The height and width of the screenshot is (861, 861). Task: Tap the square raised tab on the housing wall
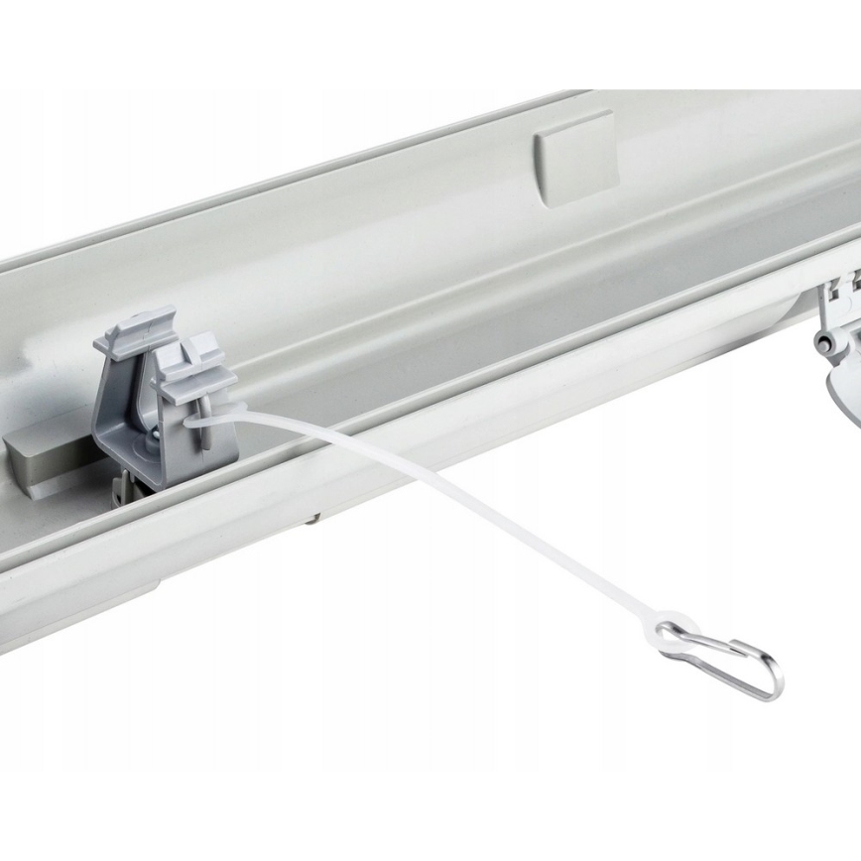574,156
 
